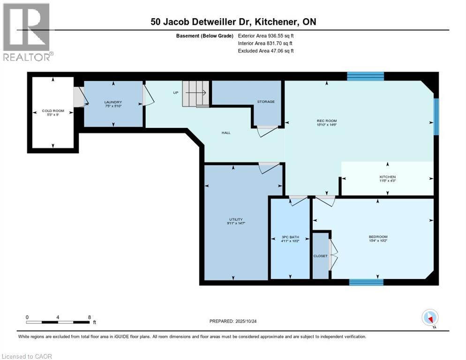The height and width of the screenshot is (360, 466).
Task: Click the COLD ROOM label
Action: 53,111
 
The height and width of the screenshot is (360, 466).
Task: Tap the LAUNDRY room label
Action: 113,102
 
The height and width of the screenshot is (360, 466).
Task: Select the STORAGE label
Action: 265,102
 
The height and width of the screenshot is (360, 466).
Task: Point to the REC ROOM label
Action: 326,121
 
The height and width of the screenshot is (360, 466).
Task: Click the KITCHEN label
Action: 387,177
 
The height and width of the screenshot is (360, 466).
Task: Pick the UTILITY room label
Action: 233,219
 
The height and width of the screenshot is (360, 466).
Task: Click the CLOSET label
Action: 321,256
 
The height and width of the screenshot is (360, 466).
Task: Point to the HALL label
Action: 226,133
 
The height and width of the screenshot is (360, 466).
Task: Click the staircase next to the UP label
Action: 195,93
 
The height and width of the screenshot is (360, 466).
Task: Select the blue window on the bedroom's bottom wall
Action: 366,282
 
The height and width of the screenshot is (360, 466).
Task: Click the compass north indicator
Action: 430,318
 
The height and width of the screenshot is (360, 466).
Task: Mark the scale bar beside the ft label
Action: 58,322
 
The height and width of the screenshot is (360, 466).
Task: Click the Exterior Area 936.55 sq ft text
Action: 266,36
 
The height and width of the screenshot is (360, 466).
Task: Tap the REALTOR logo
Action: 27,32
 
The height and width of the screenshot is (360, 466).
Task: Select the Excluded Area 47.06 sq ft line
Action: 266,51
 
